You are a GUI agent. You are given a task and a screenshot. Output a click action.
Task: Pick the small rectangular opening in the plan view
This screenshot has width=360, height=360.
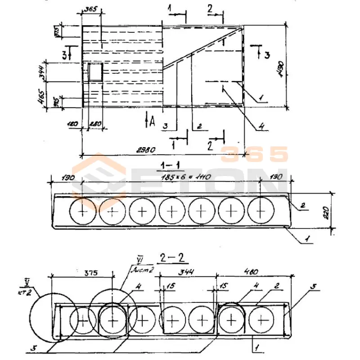click(x=95, y=72)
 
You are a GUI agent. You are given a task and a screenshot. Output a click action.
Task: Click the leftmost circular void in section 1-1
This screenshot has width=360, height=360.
click(x=83, y=211)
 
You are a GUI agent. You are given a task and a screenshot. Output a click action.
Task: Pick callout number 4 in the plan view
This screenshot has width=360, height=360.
click(x=260, y=127)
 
